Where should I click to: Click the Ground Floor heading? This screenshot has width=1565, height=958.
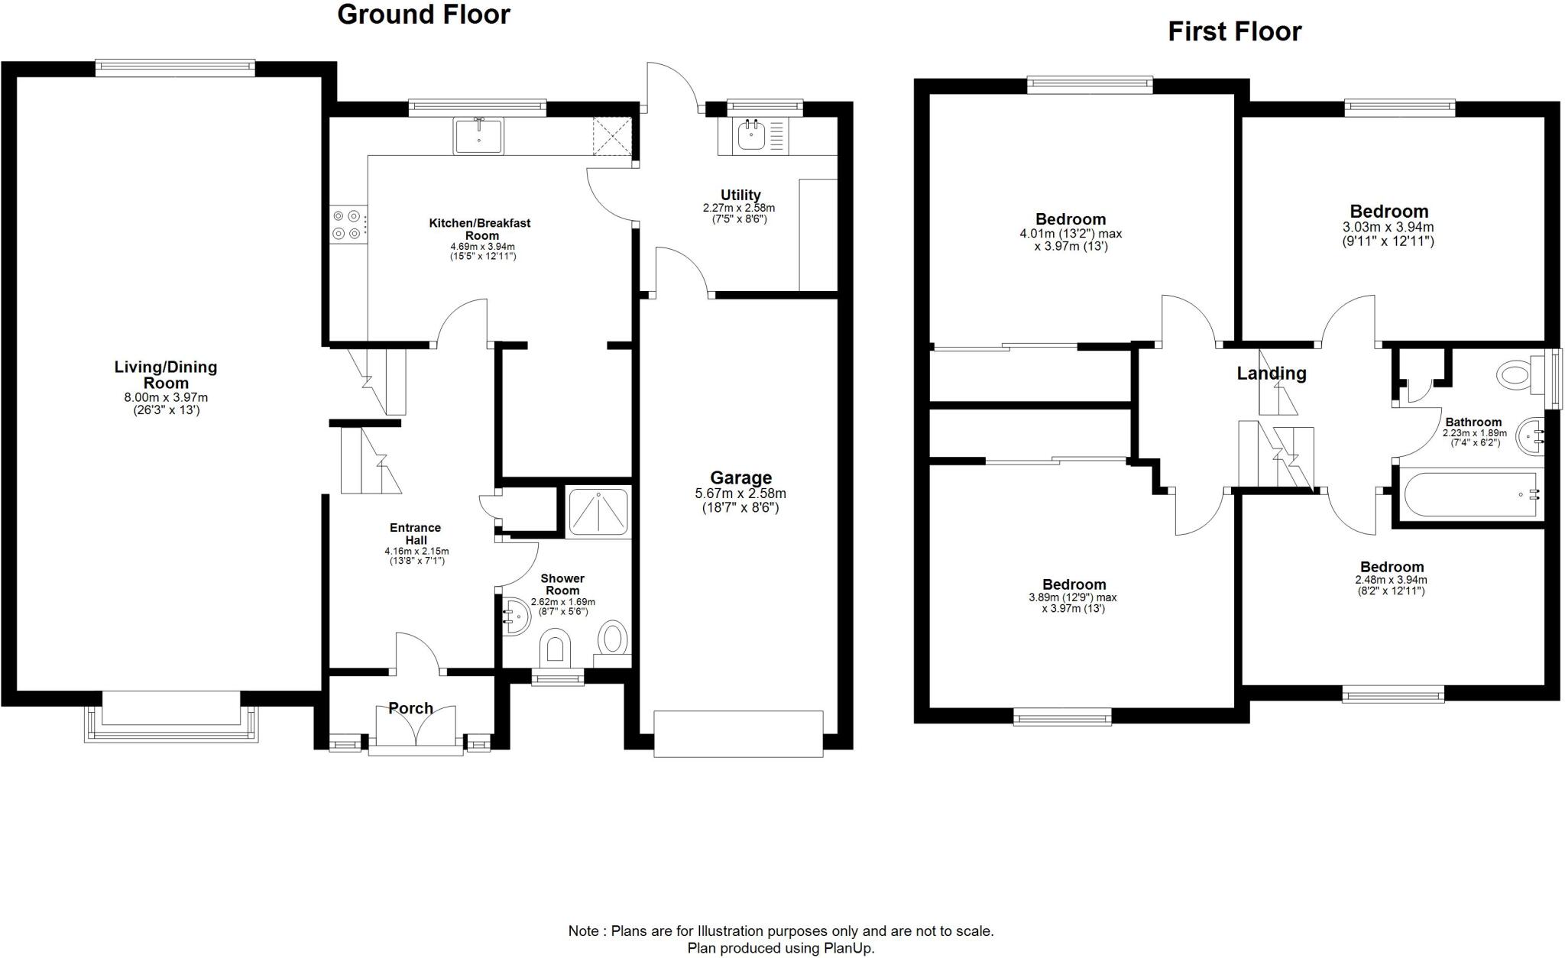click(x=423, y=15)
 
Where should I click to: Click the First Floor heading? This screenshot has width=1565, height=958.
click(x=1234, y=31)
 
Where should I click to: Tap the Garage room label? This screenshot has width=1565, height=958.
click(x=740, y=478)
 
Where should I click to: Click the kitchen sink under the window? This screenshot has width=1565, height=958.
click(x=478, y=137)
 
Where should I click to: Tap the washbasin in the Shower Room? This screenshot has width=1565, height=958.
click(x=517, y=617)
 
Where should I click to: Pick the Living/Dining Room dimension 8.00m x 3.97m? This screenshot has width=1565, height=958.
click(x=166, y=397)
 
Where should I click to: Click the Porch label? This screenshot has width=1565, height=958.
click(x=411, y=708)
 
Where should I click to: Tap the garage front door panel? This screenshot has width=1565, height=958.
click(x=738, y=733)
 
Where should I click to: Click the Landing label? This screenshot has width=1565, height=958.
click(x=1271, y=373)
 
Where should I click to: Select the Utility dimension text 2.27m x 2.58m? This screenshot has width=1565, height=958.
click(x=738, y=208)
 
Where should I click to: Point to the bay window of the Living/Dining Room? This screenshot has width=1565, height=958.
click(x=171, y=722)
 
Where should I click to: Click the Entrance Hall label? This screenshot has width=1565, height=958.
click(x=415, y=533)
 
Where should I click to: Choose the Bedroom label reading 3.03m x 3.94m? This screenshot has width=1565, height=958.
click(x=1388, y=212)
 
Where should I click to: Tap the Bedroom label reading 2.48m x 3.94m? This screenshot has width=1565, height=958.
click(x=1392, y=567)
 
